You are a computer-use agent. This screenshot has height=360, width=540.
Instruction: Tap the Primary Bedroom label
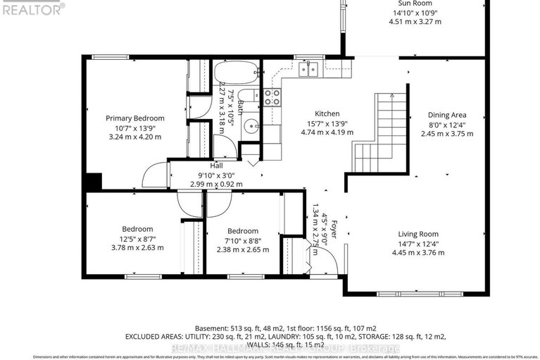pos(134,118)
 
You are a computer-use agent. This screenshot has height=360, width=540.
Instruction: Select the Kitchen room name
pos(327,113)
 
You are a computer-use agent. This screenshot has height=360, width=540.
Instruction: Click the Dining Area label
pos(447,115)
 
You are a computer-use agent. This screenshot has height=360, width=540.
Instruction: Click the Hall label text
pos(216,166)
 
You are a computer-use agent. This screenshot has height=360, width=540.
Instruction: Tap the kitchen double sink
pos(308,68)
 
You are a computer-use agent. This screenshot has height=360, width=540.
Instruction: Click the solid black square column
pos(93,181)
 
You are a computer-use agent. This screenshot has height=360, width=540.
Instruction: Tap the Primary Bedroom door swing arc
pos(153,175)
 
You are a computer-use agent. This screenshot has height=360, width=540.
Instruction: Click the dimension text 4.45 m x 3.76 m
pos(417,253)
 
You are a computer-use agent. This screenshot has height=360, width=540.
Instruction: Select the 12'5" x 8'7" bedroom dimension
pos(137,239)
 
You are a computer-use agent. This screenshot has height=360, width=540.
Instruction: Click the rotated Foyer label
pos(334,229)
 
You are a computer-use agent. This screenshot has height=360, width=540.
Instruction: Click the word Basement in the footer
pos(211,328)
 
